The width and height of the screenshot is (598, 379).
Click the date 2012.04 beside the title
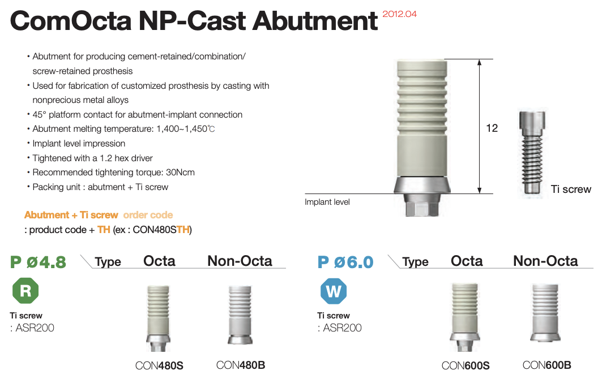(399, 14)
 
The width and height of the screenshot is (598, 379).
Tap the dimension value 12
(492, 128)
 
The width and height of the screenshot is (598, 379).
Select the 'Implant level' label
(327, 202)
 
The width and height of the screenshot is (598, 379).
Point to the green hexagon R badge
(25, 291)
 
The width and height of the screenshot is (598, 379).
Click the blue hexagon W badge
(334, 291)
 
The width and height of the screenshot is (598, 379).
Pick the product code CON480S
(159, 365)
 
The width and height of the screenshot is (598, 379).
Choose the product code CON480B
(240, 365)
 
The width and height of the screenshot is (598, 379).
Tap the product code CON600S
(465, 365)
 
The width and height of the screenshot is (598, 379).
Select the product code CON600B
(546, 365)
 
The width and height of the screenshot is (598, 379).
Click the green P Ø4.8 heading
(38, 262)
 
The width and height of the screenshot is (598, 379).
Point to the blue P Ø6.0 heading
(345, 262)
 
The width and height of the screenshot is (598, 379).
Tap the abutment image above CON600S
(464, 317)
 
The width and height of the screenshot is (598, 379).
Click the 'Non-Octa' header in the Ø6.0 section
(545, 261)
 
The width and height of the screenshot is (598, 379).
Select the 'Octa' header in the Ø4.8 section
(159, 261)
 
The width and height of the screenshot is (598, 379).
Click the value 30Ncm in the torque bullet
(180, 172)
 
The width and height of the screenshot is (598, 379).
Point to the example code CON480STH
(161, 230)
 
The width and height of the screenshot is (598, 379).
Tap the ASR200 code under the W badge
(342, 328)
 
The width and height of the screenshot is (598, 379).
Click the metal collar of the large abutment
(422, 185)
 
